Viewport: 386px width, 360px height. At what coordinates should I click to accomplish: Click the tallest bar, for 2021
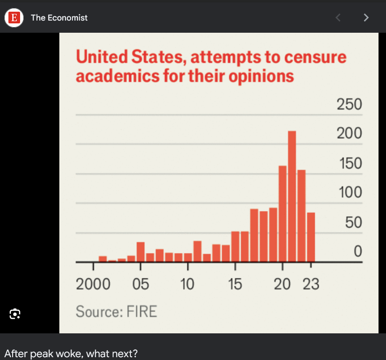click(x=292, y=196)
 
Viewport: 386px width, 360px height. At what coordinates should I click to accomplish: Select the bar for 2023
click(x=311, y=237)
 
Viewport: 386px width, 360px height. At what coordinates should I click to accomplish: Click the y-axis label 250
click(x=349, y=104)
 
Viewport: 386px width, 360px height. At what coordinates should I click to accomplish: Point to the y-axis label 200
click(x=349, y=134)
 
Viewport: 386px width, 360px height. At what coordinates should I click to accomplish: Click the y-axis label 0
click(x=357, y=252)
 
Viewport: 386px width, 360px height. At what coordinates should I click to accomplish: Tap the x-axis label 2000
click(x=93, y=284)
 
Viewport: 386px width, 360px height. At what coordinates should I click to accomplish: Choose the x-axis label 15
click(x=235, y=284)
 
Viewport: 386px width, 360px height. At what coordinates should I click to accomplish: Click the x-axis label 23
click(x=311, y=284)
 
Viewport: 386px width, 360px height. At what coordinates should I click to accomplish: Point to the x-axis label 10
click(x=187, y=284)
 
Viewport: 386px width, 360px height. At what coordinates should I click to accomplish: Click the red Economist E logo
click(x=14, y=18)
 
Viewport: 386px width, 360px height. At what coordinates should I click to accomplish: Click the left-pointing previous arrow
click(x=338, y=18)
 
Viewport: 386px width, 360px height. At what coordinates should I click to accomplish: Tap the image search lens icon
click(x=15, y=314)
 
